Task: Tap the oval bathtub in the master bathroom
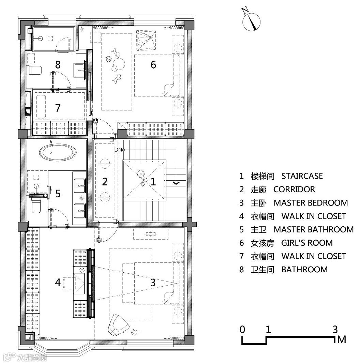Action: (58, 153)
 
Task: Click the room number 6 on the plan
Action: (153, 64)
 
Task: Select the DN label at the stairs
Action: (118, 150)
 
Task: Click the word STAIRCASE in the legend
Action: (302, 176)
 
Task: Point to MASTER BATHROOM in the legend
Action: (313, 230)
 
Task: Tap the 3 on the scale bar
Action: (335, 329)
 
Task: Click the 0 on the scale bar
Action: (242, 329)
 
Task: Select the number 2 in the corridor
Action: (105, 181)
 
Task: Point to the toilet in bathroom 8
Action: (34, 71)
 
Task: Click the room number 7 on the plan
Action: (58, 108)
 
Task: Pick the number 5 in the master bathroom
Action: (58, 194)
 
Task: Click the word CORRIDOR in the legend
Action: (294, 189)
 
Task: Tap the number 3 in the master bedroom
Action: (153, 283)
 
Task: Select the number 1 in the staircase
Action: (153, 181)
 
